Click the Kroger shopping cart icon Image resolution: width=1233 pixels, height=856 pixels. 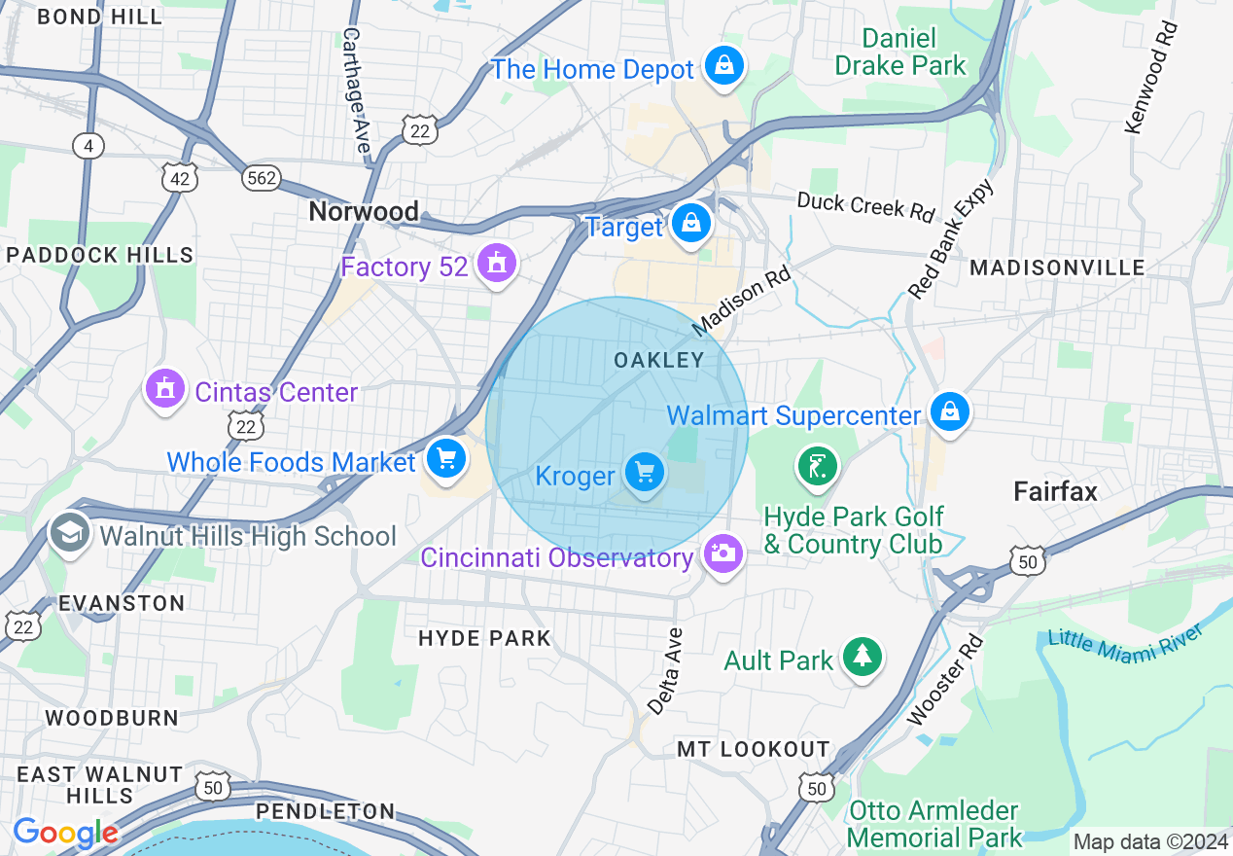pos(644,473)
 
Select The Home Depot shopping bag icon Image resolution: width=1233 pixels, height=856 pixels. pos(724,66)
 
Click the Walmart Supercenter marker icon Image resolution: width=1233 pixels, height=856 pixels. pos(949,412)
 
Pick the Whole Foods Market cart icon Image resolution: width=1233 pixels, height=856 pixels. pos(445,458)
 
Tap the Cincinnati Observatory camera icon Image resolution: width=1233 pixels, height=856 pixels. pos(722,554)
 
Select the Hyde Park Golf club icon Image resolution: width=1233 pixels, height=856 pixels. pos(818,465)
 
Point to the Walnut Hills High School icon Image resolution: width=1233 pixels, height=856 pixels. pos(70,533)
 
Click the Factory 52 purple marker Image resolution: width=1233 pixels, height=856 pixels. pos(497,264)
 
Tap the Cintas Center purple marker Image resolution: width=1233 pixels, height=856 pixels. pos(164,389)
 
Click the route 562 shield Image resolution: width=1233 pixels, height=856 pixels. pos(262,178)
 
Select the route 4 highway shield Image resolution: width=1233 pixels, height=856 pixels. pos(88,146)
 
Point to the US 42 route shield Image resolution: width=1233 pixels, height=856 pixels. pos(180,178)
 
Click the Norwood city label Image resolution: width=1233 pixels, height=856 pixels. pos(364,211)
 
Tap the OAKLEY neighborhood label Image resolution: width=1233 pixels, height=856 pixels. pos(658,360)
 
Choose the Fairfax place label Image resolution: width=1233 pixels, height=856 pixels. pos(1055,491)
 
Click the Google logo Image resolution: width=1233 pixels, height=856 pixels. pos(65,833)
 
